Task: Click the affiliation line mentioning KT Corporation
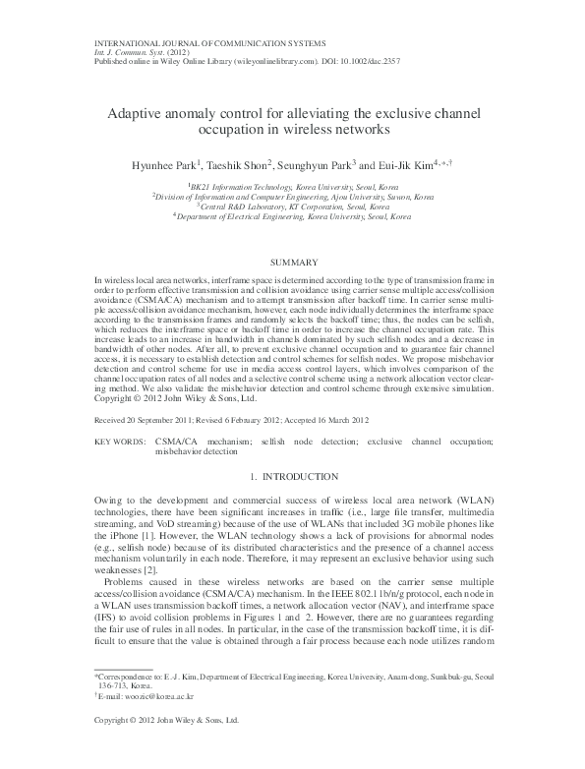(292, 206)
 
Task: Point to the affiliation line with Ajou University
(292, 196)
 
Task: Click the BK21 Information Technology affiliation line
(292, 185)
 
